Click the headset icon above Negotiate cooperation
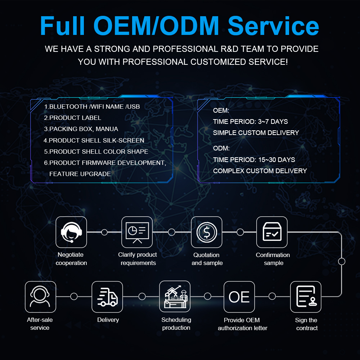[x=71, y=232]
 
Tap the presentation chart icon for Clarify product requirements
[x=137, y=232]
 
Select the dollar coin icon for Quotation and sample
[x=207, y=232]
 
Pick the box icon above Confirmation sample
[x=272, y=232]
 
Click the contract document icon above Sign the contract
[x=306, y=297]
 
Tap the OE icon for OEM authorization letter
[x=239, y=297]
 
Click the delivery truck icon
[x=107, y=297]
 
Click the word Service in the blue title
[x=273, y=26]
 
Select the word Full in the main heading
[x=62, y=26]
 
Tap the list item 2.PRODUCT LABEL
[x=73, y=118]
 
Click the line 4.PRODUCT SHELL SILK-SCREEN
[x=94, y=140]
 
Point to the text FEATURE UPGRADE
[x=80, y=174]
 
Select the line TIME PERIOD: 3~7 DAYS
[x=251, y=121]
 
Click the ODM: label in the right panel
[x=221, y=148]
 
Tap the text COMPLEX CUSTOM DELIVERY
[x=260, y=171]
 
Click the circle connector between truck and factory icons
[x=142, y=296]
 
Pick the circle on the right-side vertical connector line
[x=342, y=261]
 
